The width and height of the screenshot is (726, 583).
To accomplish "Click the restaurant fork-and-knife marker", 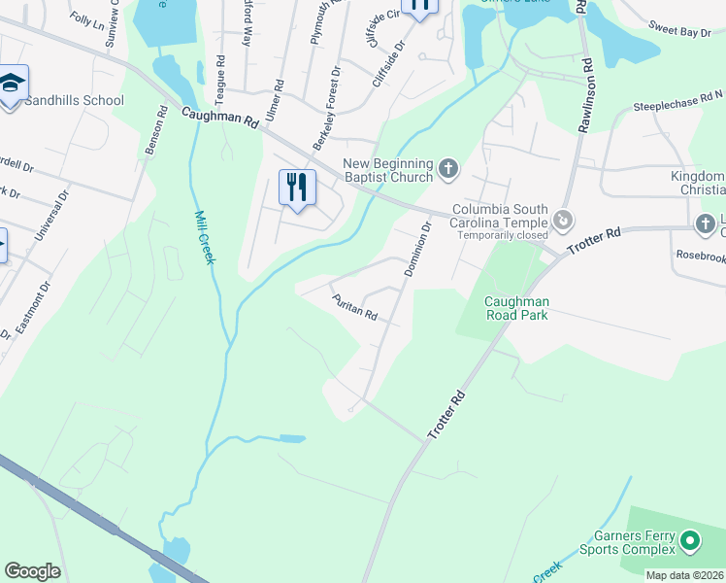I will tap(298, 187).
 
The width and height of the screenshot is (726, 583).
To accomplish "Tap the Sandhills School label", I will tap(75, 100).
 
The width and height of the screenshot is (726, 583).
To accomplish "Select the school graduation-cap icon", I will tap(12, 85).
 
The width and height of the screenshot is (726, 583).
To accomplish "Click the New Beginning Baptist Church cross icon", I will tap(448, 170).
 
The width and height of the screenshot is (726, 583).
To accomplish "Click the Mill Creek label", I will tap(206, 237).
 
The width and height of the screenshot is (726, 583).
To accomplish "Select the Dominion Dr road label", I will tap(416, 249).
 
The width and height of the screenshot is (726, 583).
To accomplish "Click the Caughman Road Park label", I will tap(516, 308).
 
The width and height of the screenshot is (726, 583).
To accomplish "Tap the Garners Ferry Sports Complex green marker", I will tap(690, 539).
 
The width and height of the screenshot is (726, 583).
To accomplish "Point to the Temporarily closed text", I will tap(503, 235).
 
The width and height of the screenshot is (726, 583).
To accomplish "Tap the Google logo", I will tap(32, 571).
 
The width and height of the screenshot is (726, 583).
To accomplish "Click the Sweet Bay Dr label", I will tap(681, 32).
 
